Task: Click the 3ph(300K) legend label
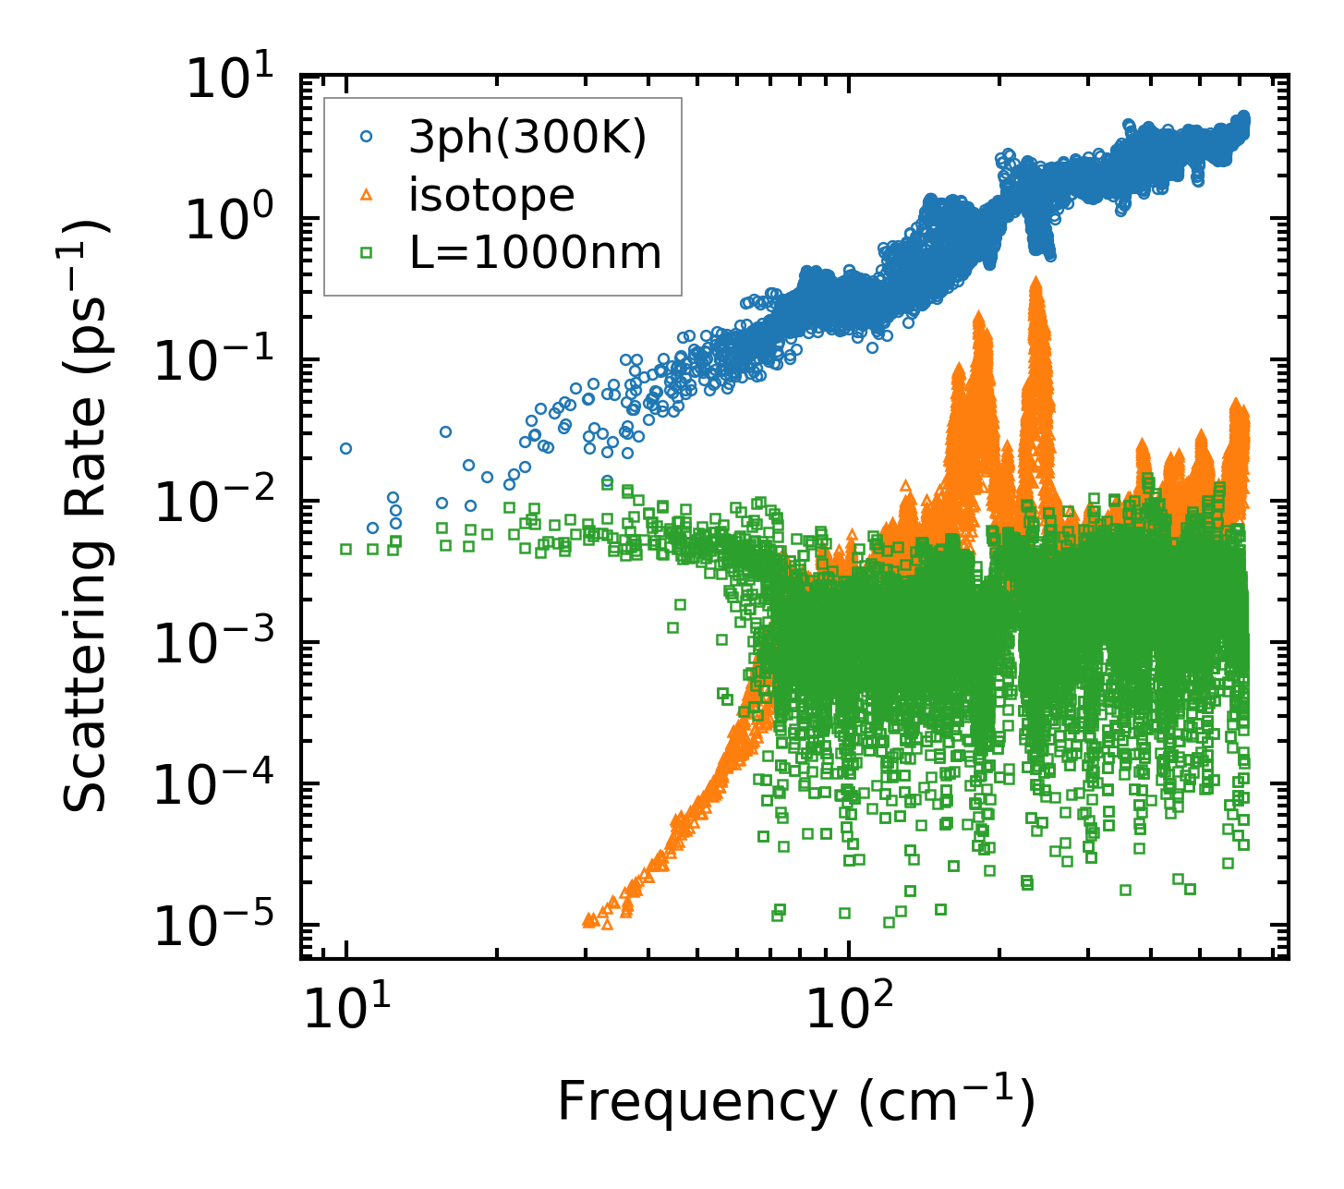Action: [x=527, y=139]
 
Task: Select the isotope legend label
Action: [x=491, y=195]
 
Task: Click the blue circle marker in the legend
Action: [x=366, y=137]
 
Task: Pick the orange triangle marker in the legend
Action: [x=366, y=195]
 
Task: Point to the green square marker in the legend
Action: [x=366, y=252]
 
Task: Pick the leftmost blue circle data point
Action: [x=346, y=448]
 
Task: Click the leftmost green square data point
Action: [x=346, y=549]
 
